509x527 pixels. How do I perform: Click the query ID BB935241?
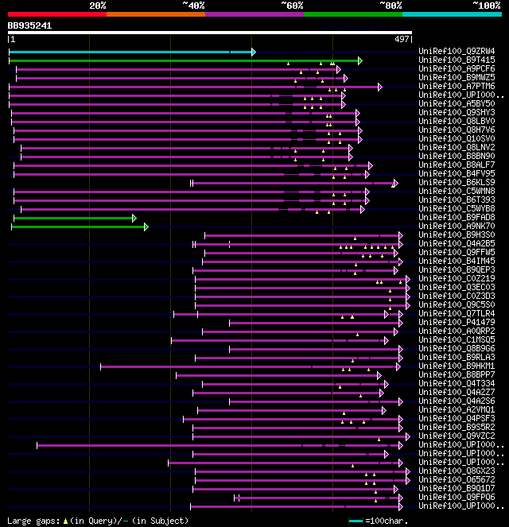[30, 25]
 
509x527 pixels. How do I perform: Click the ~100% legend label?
[486, 6]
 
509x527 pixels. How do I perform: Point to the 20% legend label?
[98, 6]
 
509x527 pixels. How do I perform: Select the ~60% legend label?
[292, 6]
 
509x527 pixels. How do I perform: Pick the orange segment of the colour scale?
[156, 14]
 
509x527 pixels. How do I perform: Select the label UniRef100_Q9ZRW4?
[456, 52]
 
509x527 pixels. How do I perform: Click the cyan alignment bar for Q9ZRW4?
[127, 52]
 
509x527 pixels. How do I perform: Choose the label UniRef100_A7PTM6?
[456, 87]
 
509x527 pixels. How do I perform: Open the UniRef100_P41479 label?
[456, 322]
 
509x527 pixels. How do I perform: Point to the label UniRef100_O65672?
[456, 479]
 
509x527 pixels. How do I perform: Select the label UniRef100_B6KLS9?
[456, 183]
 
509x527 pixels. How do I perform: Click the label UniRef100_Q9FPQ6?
[456, 497]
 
